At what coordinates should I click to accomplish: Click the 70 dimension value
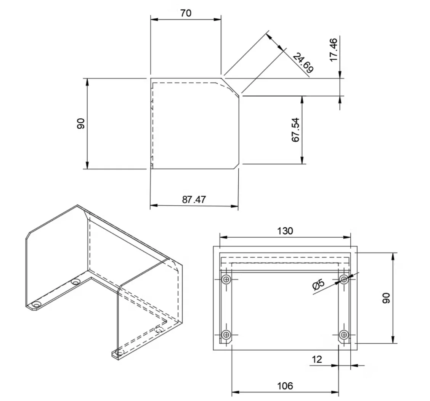pos(186,13)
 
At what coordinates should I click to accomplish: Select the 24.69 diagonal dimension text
pos(303,63)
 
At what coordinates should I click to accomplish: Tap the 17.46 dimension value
pos(333,50)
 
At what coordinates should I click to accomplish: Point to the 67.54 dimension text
pos(296,130)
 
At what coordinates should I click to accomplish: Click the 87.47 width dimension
pos(194,199)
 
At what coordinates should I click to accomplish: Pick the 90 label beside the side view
pos(81,124)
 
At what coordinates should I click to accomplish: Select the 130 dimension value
pos(285,231)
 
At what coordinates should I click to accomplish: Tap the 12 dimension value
pos(317,359)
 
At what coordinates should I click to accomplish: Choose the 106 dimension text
pos(285,386)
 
